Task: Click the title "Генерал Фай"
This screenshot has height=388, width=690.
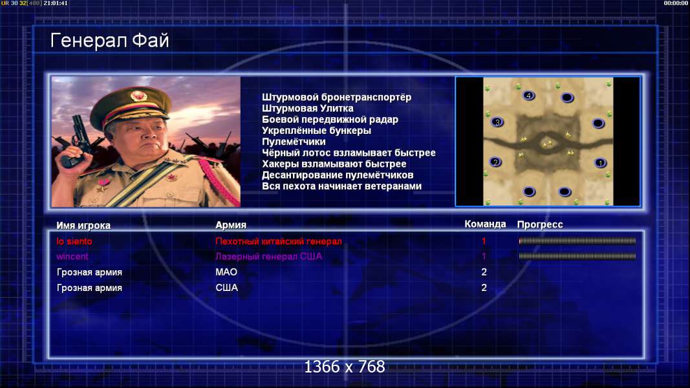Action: point(109,41)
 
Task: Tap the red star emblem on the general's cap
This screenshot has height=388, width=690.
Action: point(138,96)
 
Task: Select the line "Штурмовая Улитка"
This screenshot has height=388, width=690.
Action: point(308,108)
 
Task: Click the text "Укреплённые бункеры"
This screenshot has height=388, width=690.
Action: point(316,131)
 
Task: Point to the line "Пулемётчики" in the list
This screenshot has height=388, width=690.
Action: point(294,142)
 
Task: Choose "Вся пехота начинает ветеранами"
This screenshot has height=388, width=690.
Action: point(342,186)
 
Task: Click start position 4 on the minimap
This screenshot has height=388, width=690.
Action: point(528,96)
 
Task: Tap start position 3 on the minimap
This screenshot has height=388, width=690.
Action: point(497,122)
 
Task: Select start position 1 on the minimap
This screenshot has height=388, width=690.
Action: point(600,163)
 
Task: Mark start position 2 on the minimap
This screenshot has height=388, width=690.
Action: point(495,162)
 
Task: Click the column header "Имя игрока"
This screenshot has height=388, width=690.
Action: point(83,225)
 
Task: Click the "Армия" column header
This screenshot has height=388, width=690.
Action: point(231,225)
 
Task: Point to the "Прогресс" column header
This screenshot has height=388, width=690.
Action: point(540,224)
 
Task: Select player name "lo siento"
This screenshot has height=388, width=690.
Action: point(74,241)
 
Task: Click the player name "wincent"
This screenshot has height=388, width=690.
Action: point(72,257)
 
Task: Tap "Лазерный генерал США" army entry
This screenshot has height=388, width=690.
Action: point(268,257)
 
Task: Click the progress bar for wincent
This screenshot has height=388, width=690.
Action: point(577,256)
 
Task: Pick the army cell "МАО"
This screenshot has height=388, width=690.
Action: point(226,272)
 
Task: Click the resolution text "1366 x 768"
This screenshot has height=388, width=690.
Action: point(345,367)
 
